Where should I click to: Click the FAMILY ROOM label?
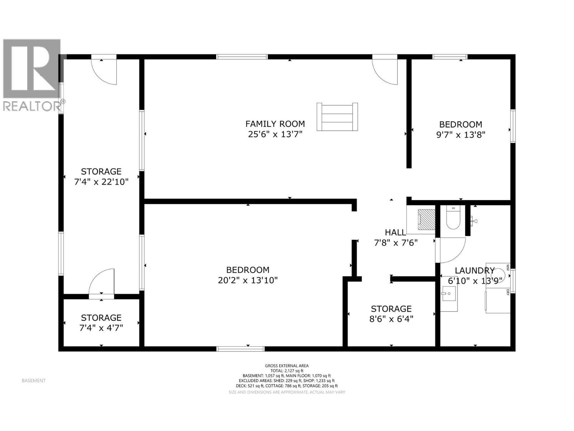coord(275,124)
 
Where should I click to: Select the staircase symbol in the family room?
coord(337,117)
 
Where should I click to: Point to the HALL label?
coord(395,232)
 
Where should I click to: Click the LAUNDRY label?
coord(475,270)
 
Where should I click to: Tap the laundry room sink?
coord(449,298)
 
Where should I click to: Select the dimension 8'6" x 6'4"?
coord(391,319)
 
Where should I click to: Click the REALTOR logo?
coord(32,75)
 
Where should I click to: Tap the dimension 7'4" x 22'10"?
coord(101,182)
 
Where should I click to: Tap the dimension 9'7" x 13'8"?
coord(461,135)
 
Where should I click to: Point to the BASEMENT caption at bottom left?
coord(34,381)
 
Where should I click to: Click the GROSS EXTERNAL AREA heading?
coord(287,366)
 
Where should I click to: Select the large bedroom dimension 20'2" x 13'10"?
coord(248,281)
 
